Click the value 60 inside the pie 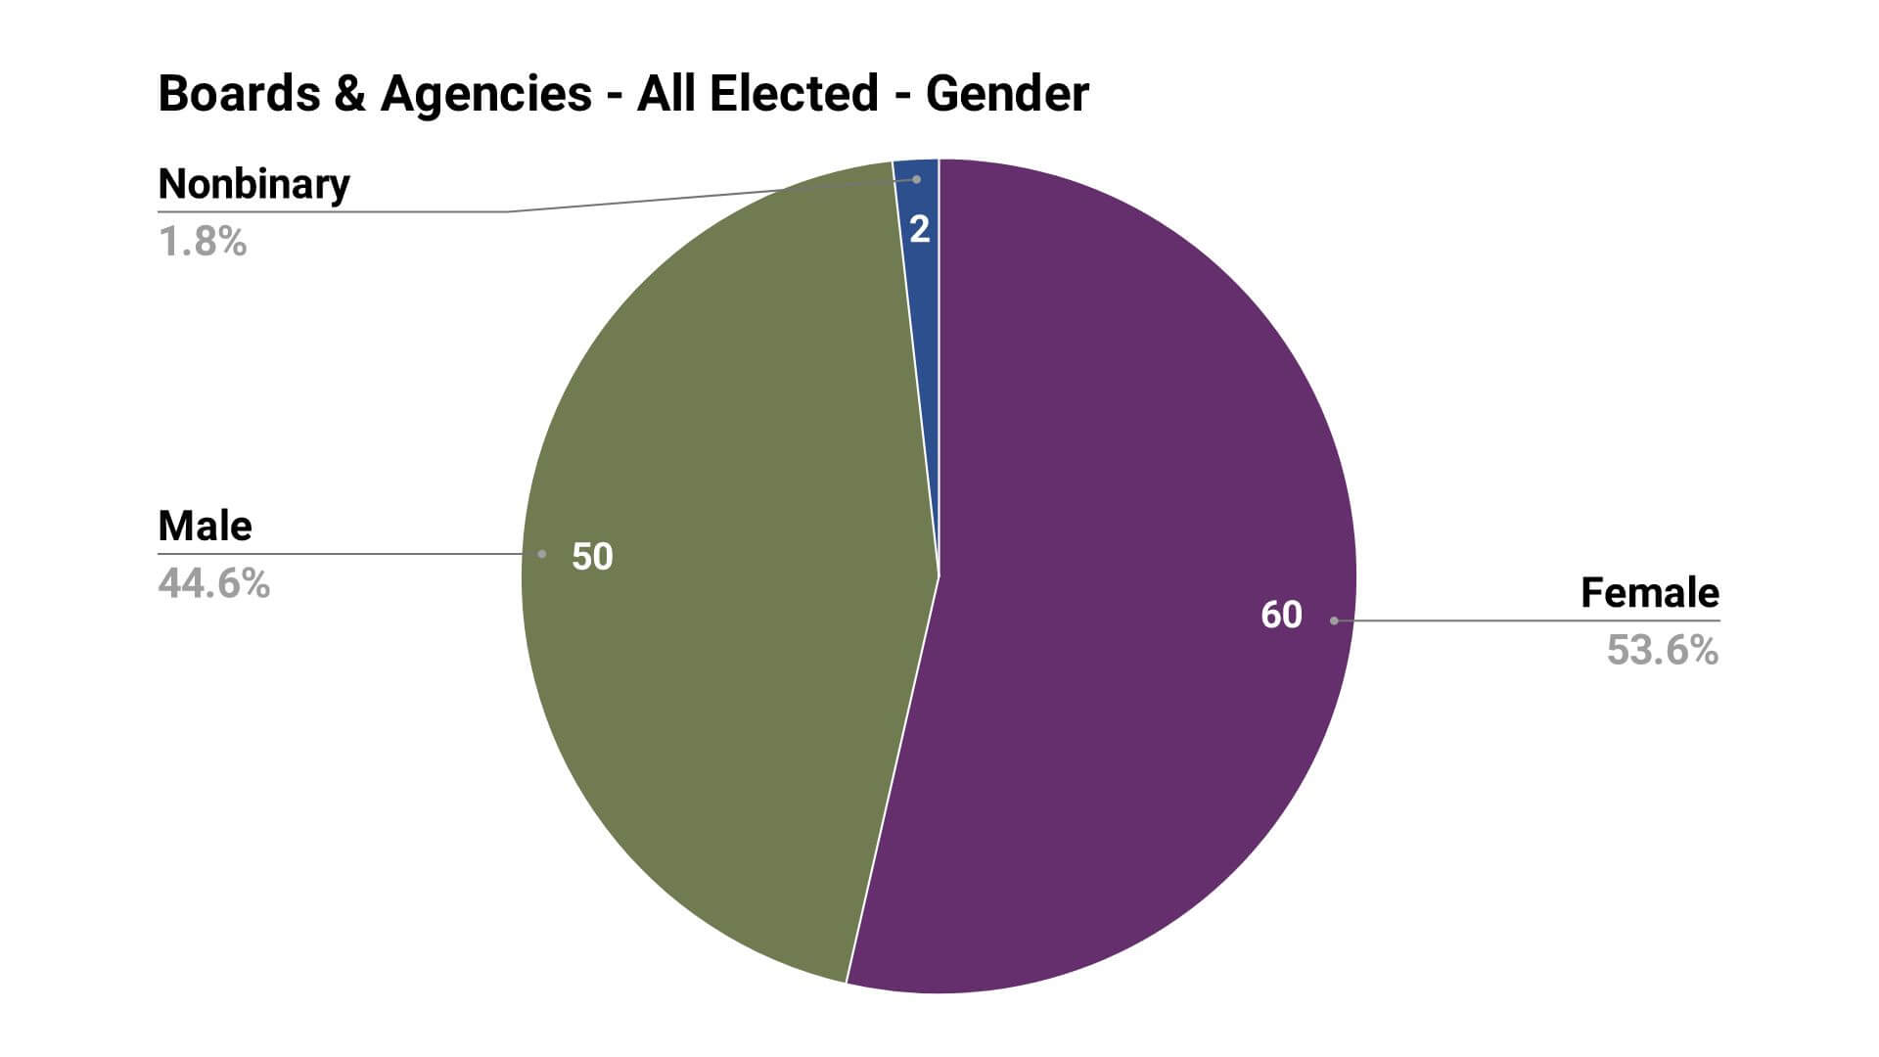point(1281,615)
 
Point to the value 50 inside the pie point(592,557)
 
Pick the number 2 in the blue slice point(919,230)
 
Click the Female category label point(1649,593)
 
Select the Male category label point(205,527)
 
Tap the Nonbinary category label point(253,184)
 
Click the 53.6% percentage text point(1662,650)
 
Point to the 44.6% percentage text point(213,583)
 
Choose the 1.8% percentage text point(203,241)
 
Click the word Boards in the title point(239,94)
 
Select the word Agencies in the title point(485,94)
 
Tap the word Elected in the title point(794,94)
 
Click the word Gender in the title point(1007,94)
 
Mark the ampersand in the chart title point(349,94)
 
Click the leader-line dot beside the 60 point(1334,620)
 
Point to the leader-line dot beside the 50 point(541,554)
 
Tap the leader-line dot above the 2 point(916,179)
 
